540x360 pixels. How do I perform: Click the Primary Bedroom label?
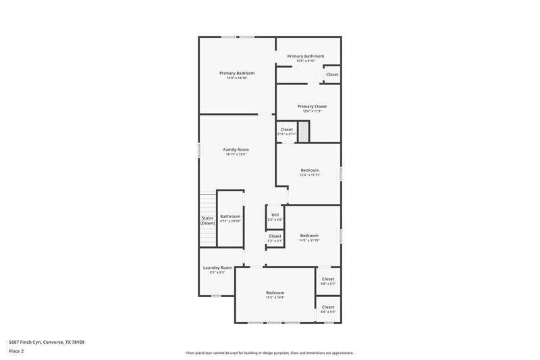point(236,73)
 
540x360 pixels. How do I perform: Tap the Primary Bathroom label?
point(305,56)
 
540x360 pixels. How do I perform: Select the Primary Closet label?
point(312,106)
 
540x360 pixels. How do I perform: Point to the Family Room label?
point(236,149)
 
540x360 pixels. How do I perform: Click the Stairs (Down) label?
point(207,220)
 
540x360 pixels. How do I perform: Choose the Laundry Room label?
point(217,267)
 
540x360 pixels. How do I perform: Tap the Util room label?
point(275,215)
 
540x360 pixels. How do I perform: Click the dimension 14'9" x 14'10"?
point(236,78)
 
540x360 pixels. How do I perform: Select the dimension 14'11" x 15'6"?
point(236,155)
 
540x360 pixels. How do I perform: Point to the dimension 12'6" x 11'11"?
point(310,175)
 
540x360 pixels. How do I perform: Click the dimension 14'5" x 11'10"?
point(309,240)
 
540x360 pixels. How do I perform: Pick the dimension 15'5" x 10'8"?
point(275,298)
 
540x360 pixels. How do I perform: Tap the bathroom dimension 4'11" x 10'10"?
point(230,222)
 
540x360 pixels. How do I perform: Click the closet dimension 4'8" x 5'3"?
point(328,284)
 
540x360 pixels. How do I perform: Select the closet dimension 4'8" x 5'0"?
point(328,312)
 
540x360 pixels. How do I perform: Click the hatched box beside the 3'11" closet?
point(304,132)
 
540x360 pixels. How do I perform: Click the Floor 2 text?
point(16,352)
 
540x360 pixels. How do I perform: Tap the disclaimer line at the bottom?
point(269,353)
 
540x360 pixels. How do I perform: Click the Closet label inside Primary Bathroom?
point(332,74)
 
